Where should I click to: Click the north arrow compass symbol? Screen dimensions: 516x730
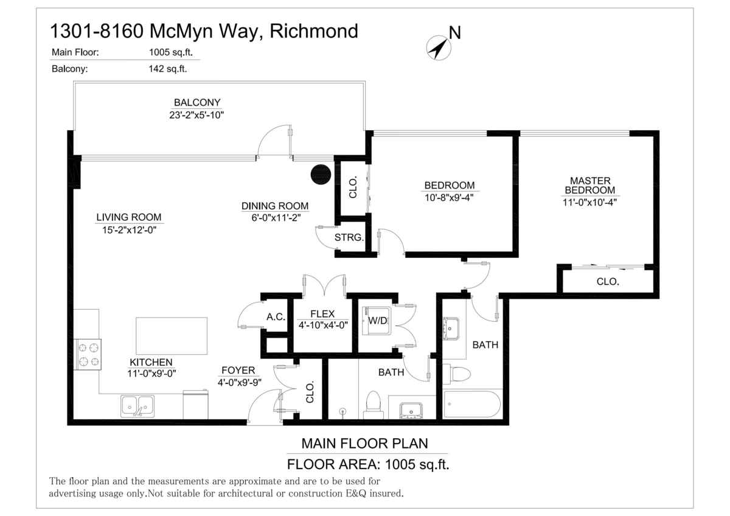tap(438, 47)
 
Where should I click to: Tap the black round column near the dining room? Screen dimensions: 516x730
tap(320, 174)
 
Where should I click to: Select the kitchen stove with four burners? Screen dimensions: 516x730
tap(88, 355)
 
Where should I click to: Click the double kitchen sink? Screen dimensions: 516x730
tap(137, 405)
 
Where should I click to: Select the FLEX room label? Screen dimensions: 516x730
tap(322, 314)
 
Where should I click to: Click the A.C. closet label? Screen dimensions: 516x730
tap(276, 317)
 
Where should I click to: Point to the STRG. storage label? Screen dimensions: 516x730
tap(349, 237)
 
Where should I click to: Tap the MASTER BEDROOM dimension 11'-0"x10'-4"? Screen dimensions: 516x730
tap(590, 203)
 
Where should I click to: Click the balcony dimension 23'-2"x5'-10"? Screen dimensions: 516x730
tap(197, 114)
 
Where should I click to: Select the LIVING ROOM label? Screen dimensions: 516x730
tap(128, 217)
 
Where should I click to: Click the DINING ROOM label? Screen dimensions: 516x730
tap(275, 206)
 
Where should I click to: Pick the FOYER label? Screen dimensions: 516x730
tap(238, 371)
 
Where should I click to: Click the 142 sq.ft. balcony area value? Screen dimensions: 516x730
tap(168, 69)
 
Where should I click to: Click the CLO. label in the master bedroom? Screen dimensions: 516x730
tap(608, 282)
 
